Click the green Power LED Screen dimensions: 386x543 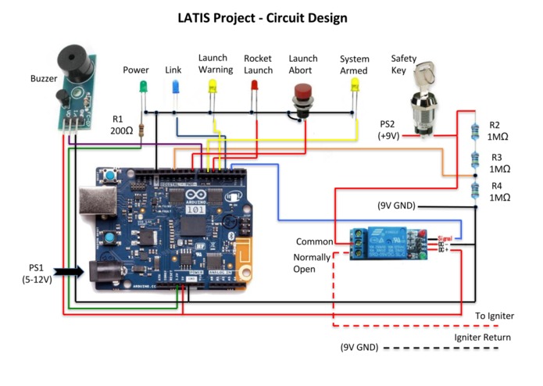coord(143,86)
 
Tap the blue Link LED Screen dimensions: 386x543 coord(174,86)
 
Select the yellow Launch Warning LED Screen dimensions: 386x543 coord(212,86)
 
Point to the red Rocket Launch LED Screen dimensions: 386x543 coord(254,86)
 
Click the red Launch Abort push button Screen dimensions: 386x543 coord(301,98)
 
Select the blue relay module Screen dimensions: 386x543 coord(384,241)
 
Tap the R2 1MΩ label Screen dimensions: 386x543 coord(500,130)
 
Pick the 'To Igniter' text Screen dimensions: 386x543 coord(495,316)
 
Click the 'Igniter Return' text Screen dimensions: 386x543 coord(484,338)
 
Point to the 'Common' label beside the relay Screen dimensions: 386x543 coord(315,241)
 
